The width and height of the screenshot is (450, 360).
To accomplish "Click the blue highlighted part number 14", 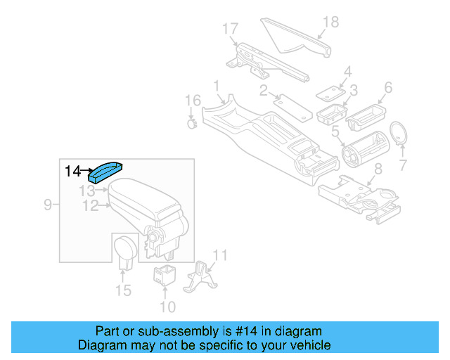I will (x=105, y=172).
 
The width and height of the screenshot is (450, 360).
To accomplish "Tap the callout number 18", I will (x=330, y=22).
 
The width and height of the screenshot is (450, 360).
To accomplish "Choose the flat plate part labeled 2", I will (x=290, y=105).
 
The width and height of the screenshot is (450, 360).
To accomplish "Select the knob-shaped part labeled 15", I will (x=125, y=250).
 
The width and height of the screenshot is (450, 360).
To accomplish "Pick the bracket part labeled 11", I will (x=199, y=278).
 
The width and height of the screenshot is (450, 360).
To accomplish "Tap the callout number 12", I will (x=89, y=205).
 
